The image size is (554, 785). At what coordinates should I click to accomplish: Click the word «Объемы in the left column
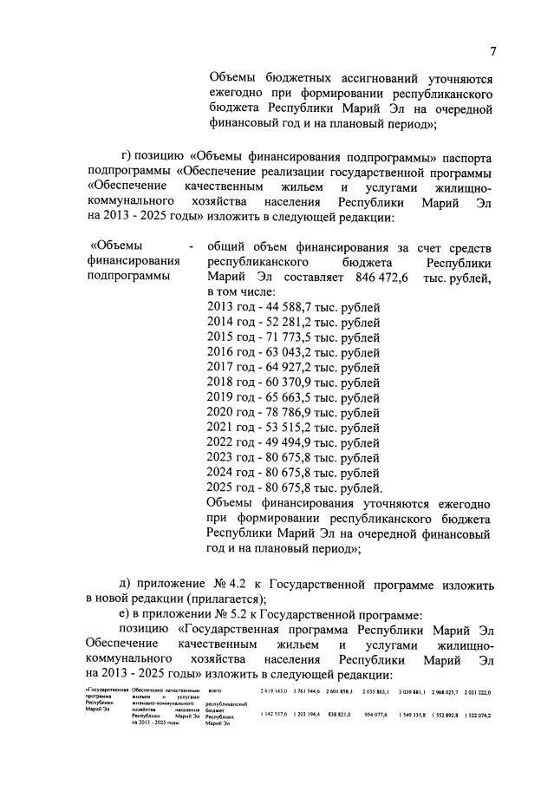pos(121,246)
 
